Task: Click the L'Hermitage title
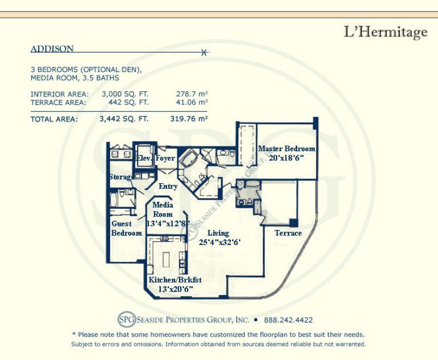[386, 33]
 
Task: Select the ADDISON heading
[52, 48]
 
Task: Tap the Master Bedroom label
[287, 148]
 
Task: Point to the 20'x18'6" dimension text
[286, 158]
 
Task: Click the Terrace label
[288, 233]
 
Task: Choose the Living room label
[218, 233]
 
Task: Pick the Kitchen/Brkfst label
[175, 280]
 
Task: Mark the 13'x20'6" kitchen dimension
[176, 289]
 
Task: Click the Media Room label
[163, 209]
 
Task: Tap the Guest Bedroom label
[127, 228]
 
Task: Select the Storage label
[120, 177]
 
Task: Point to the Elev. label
[144, 158]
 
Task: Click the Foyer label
[165, 158]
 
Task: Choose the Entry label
[168, 186]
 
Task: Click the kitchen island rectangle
[166, 261]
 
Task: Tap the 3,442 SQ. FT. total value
[124, 119]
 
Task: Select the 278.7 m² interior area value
[192, 94]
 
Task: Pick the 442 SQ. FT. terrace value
[128, 102]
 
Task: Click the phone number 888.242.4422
[288, 319]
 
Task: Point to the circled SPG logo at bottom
[127, 319]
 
